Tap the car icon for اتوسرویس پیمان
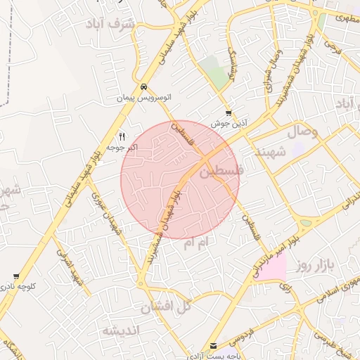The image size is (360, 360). tap(143, 87)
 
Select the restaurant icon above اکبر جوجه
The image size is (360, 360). tap(122, 136)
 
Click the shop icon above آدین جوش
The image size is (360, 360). tap(229, 113)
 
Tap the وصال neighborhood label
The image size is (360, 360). tap(300, 131)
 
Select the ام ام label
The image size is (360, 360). tap(197, 243)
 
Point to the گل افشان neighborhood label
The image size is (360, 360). tap(166, 307)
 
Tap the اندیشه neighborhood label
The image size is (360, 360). tap(121, 330)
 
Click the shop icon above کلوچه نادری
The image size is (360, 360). tap(16, 276)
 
